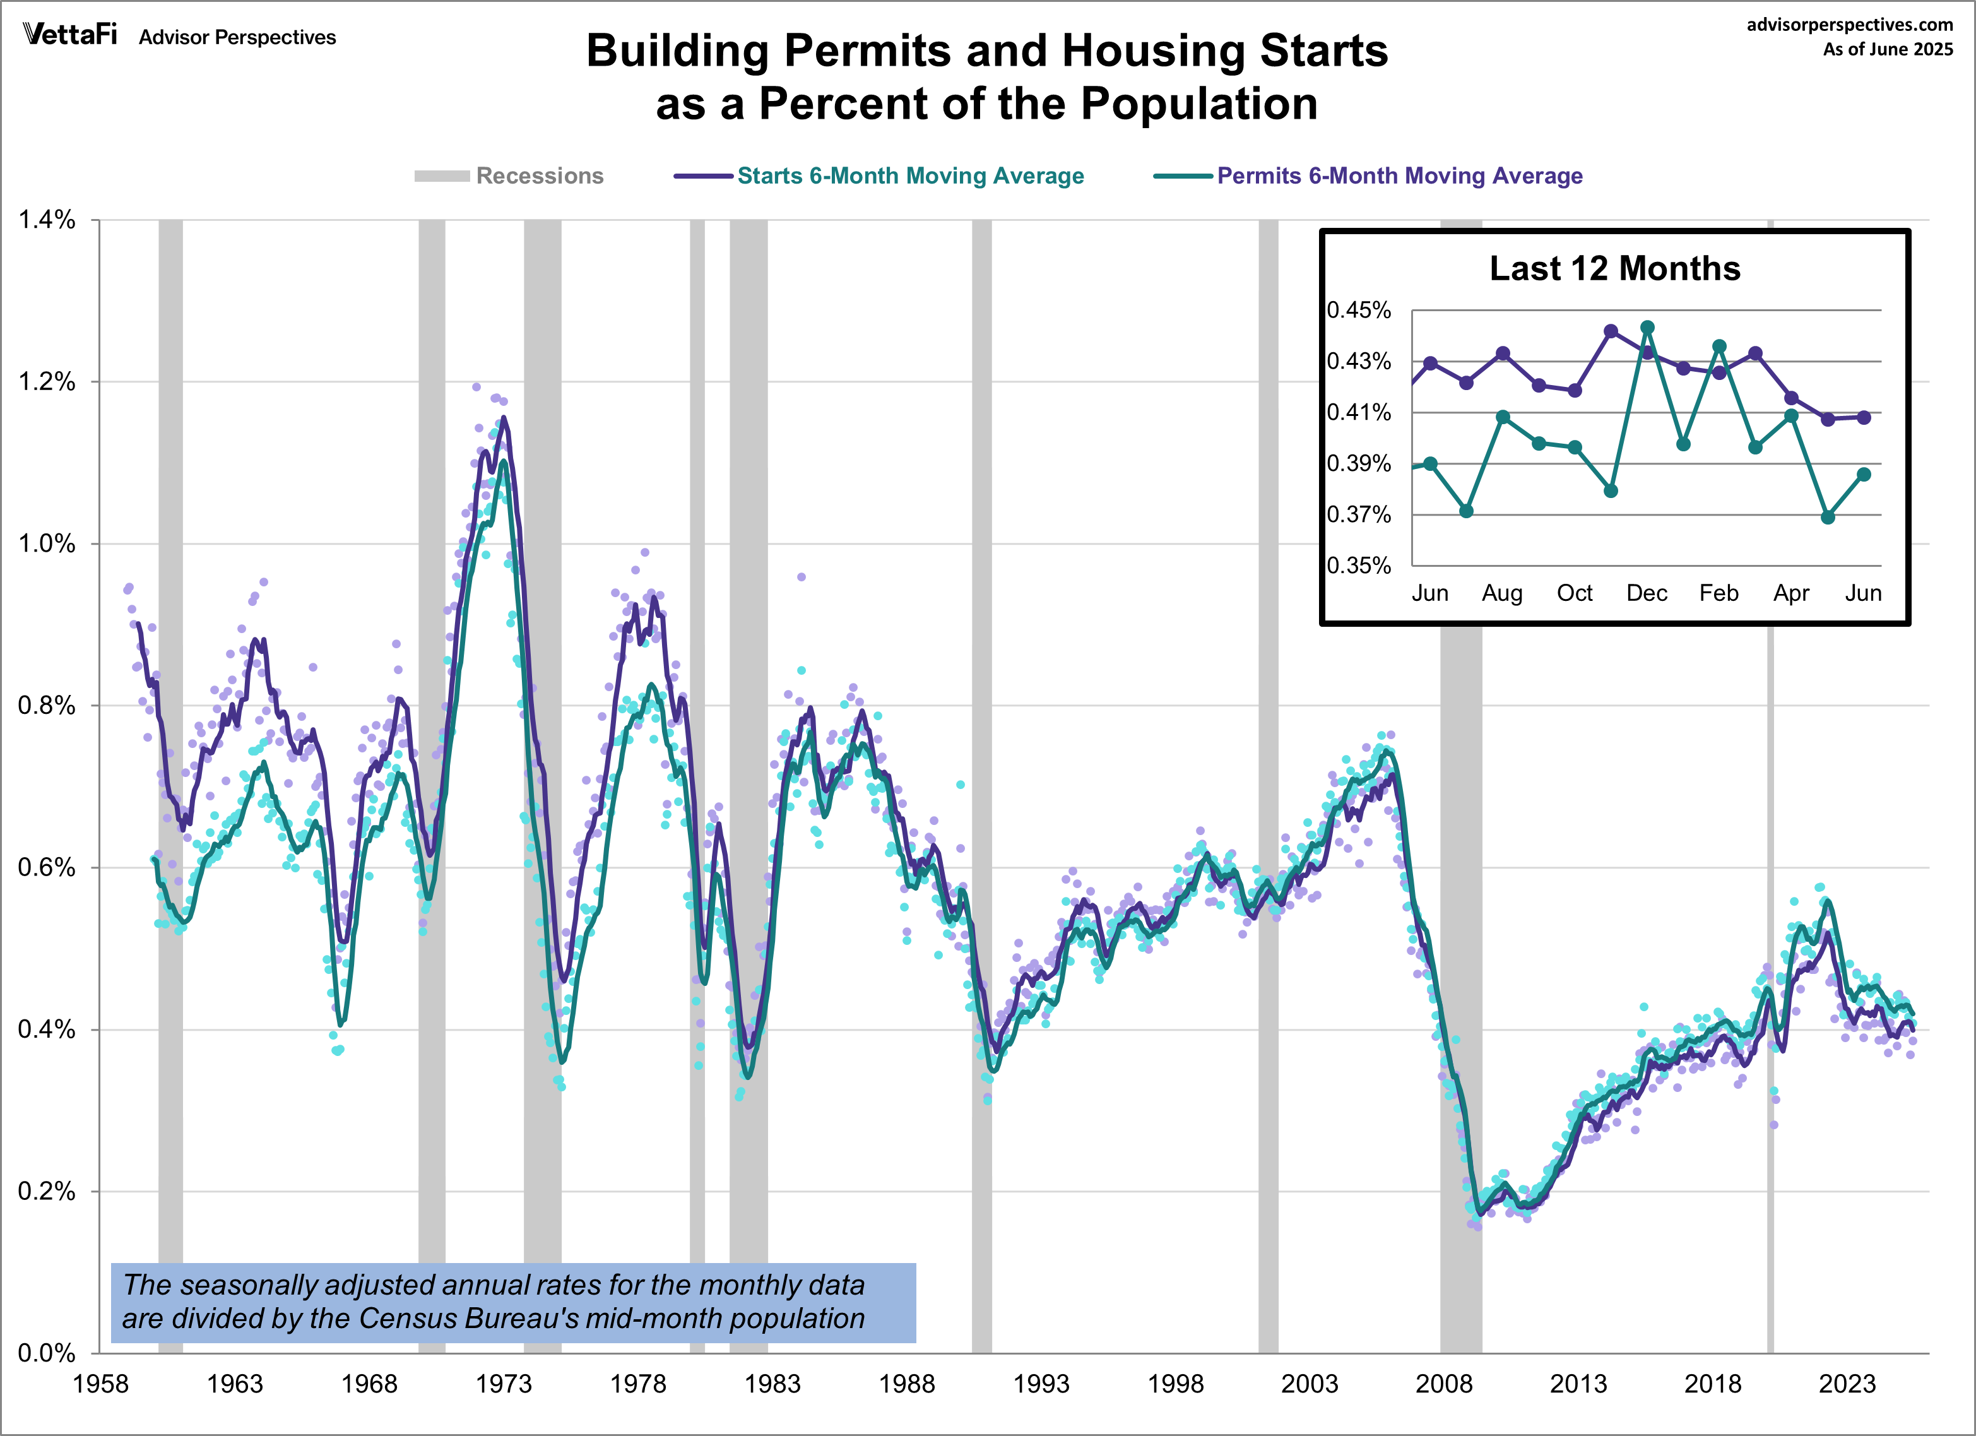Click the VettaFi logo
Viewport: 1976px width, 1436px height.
[x=69, y=35]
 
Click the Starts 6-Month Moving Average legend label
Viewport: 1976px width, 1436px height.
[x=911, y=176]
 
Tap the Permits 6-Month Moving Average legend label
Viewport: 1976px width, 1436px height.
[x=1399, y=176]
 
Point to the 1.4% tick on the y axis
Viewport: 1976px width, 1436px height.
[x=47, y=220]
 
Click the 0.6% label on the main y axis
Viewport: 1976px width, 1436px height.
[x=47, y=868]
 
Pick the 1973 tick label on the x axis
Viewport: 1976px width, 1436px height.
[x=504, y=1384]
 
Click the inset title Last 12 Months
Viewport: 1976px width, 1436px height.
[x=1614, y=268]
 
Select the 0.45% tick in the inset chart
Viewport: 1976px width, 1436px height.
[x=1359, y=310]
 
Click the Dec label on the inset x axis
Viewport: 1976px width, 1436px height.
[x=1647, y=593]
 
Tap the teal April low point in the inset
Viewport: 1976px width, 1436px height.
[x=1828, y=518]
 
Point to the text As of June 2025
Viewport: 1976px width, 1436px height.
[x=1888, y=50]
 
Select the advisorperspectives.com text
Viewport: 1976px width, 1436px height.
[x=1850, y=25]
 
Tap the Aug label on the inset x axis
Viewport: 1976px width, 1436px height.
[x=1502, y=593]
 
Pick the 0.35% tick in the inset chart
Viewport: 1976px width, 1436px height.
[x=1359, y=566]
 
